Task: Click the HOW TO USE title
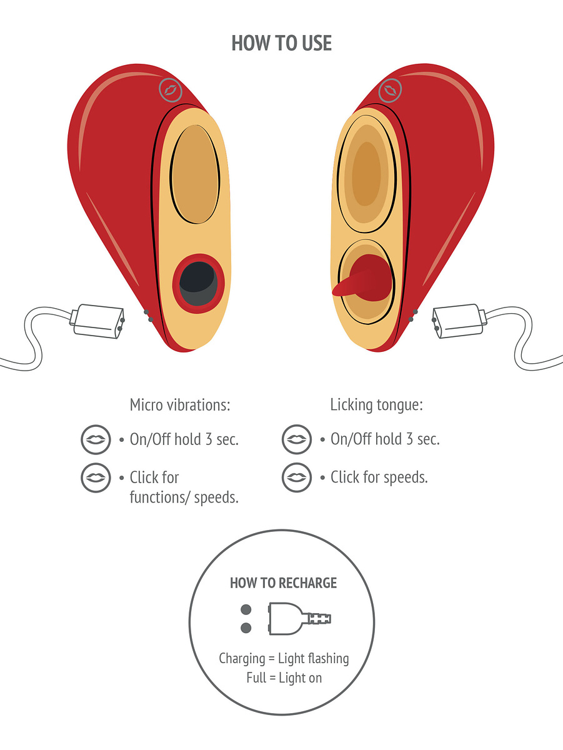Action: point(281,43)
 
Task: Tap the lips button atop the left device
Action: point(169,90)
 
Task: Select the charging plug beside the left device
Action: point(97,319)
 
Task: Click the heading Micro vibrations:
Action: point(180,405)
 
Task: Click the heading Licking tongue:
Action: point(376,405)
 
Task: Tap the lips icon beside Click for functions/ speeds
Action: point(96,478)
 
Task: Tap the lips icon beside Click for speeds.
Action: point(296,478)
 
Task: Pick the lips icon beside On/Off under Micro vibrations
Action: point(96,439)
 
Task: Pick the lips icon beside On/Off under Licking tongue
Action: point(296,439)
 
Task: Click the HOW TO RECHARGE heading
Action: point(283,583)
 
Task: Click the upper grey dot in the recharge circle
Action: point(246,609)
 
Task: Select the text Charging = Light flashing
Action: point(284,659)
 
